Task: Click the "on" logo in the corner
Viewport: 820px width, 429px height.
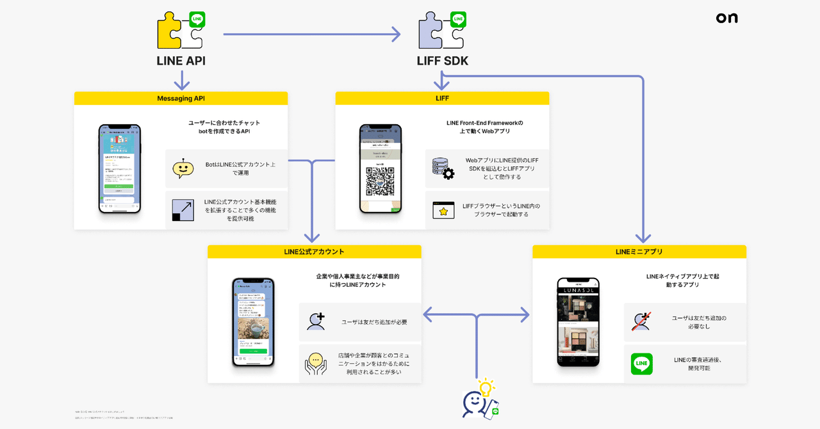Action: click(x=726, y=19)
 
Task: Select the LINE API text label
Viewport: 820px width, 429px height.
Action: click(x=181, y=61)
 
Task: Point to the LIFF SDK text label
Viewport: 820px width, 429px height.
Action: click(x=442, y=61)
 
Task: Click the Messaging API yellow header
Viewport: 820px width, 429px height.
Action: click(x=181, y=98)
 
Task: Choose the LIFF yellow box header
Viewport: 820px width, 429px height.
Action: click(x=442, y=98)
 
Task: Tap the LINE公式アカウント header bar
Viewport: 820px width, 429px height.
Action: click(x=314, y=252)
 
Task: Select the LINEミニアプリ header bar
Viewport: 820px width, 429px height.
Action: click(x=639, y=252)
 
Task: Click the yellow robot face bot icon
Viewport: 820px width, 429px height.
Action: click(x=183, y=168)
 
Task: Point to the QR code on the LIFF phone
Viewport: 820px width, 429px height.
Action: click(x=380, y=181)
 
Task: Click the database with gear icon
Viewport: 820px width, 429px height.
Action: click(x=443, y=168)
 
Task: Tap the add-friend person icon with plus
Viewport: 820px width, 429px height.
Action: click(x=316, y=321)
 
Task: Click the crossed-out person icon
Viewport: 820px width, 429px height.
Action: click(x=641, y=321)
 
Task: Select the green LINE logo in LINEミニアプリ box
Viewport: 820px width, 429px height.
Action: click(x=641, y=364)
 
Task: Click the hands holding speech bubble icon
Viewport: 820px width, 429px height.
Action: click(x=316, y=363)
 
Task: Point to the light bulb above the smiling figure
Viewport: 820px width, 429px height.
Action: click(x=487, y=387)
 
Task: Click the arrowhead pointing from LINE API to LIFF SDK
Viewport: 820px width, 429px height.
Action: click(x=396, y=35)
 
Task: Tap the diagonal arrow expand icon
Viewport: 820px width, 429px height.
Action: click(x=183, y=210)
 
